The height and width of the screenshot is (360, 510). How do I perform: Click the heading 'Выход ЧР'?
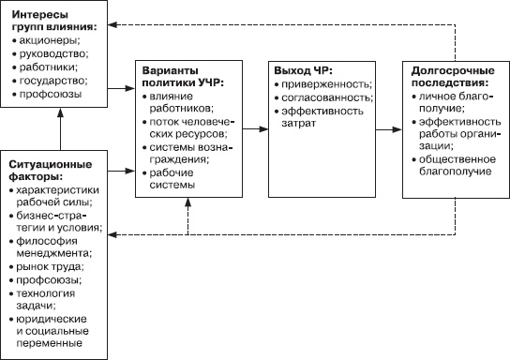click(304, 71)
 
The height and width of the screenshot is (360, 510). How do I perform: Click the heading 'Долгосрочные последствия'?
click(448, 78)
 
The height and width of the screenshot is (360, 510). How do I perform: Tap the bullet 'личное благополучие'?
click(448, 104)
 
